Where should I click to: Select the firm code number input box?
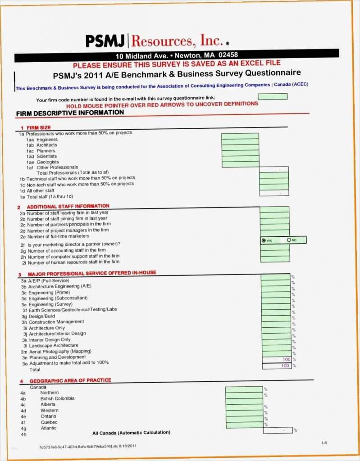tap(272, 96)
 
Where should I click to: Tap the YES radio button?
tap(264, 240)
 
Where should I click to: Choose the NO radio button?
tap(289, 240)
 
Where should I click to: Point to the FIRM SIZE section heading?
tap(39, 128)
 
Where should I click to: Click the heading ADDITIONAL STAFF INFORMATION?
tap(68, 206)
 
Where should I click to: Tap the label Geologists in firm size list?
tap(48, 162)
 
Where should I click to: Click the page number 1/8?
tap(324, 443)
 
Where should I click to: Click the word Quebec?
tap(49, 422)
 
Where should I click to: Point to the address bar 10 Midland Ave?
tap(177, 56)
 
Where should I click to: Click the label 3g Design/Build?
tap(42, 316)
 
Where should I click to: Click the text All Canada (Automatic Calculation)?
tap(131, 433)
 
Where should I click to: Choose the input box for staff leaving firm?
tap(274, 209)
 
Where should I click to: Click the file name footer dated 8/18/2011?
tap(88, 447)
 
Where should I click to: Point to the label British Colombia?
tap(57, 398)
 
